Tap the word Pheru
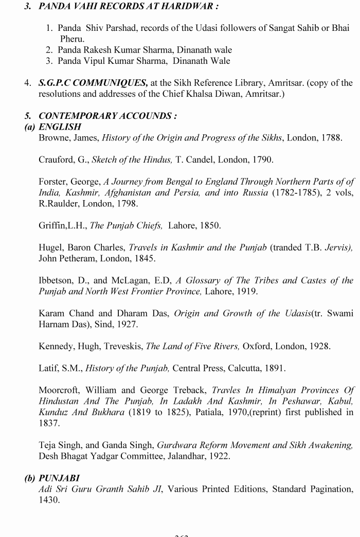(72, 39)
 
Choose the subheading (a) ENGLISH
(53, 127)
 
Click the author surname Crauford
(56, 160)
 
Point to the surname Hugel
(50, 247)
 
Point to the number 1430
(49, 499)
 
